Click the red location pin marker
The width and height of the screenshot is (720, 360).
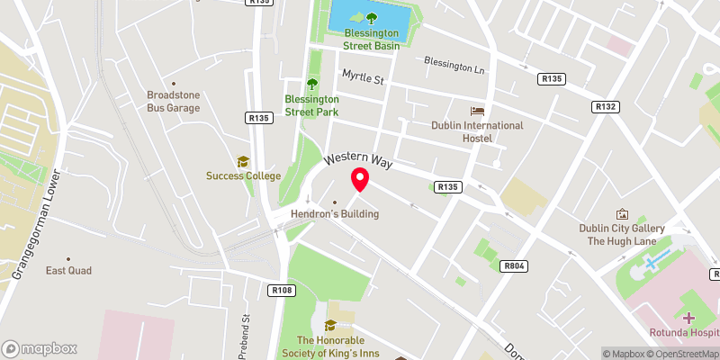point(360,179)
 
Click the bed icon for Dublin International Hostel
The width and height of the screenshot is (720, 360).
point(477,111)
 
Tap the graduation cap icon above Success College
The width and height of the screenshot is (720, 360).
point(243,161)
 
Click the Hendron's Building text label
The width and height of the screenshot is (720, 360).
point(335,214)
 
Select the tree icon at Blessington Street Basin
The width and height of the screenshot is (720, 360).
point(367,16)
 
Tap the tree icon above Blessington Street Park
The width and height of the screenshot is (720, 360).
point(312,84)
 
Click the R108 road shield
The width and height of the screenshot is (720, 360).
point(282,290)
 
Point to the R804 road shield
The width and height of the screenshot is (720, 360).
point(513,265)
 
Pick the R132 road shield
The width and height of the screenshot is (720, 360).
point(606,106)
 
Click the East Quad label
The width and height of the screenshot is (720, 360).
point(69,270)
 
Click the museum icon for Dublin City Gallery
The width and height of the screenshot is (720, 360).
point(621,214)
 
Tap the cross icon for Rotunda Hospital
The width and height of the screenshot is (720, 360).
point(688,318)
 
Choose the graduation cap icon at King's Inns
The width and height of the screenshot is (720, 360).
point(330,325)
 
